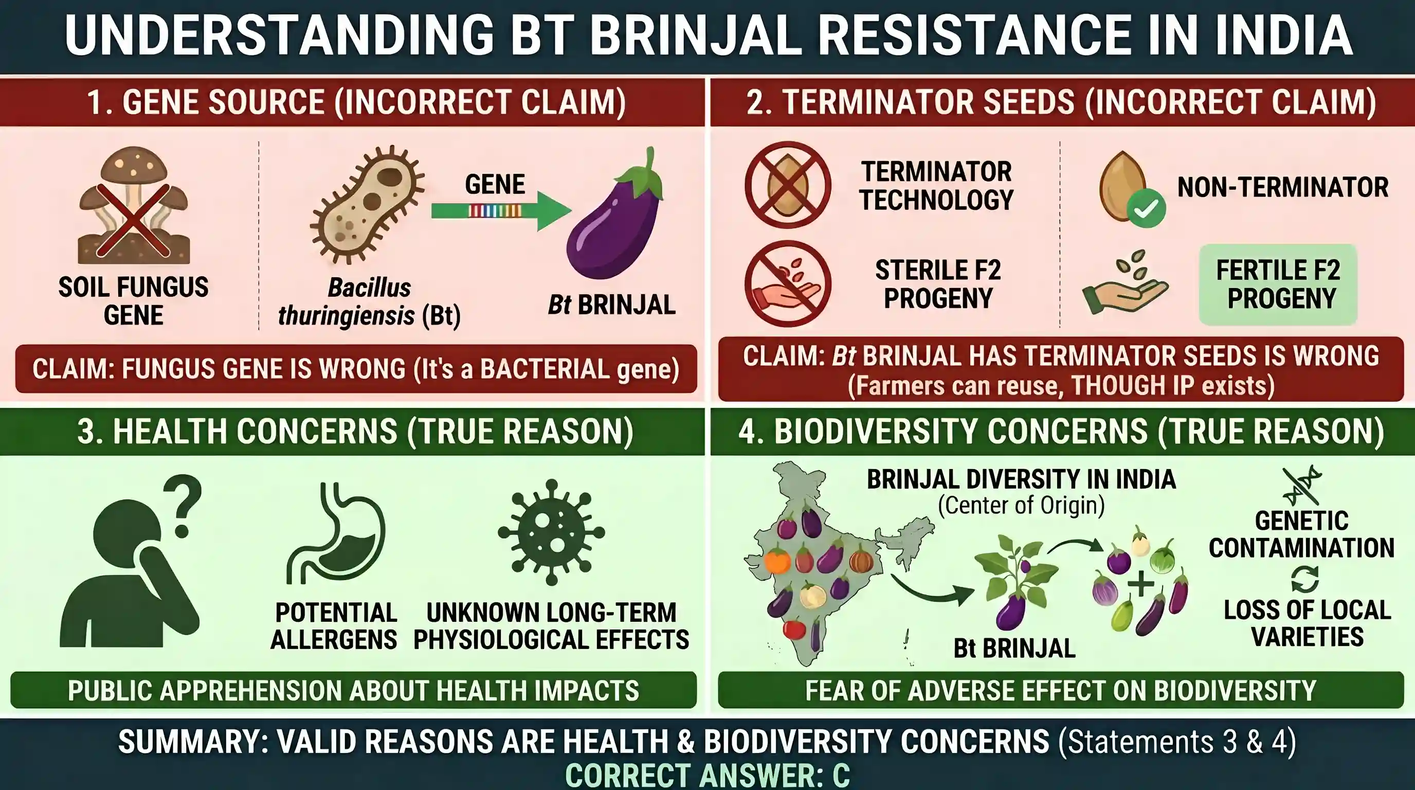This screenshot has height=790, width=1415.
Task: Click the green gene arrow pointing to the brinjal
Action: click(500, 210)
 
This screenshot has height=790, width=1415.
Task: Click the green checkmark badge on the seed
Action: click(1147, 208)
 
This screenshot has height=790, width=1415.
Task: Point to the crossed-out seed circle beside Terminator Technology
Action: click(788, 185)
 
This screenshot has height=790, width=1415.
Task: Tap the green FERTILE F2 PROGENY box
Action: click(1278, 284)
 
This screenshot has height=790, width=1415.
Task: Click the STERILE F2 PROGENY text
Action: click(938, 284)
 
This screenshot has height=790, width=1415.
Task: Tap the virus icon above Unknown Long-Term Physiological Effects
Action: click(552, 532)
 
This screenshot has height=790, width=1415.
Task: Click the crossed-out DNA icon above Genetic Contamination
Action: click(1302, 486)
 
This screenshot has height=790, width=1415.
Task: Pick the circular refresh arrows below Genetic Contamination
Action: click(1304, 579)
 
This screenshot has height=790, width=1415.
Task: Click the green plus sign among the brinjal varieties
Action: click(1141, 583)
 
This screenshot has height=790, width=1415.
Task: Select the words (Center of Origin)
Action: click(1021, 506)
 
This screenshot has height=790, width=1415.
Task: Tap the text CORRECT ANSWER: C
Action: click(707, 775)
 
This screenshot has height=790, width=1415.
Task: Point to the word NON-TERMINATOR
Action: click(1283, 187)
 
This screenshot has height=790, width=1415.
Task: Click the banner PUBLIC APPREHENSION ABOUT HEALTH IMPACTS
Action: click(353, 690)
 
